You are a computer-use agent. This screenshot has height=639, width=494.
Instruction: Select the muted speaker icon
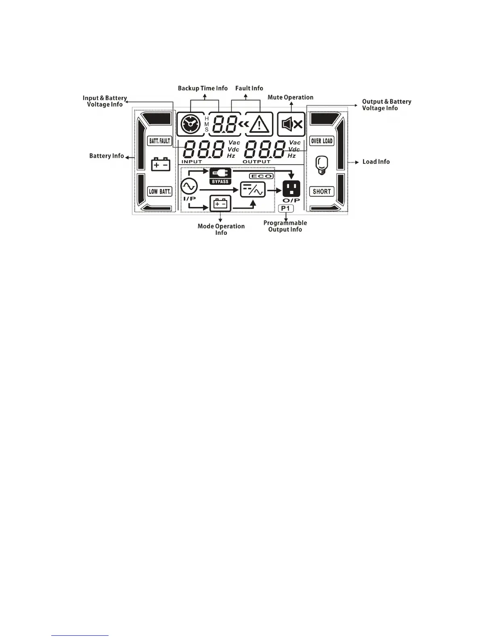291,124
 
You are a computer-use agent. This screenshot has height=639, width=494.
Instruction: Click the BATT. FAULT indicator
160,141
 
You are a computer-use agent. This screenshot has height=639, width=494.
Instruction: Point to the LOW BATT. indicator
160,191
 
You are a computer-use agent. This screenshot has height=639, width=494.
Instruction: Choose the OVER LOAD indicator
322,141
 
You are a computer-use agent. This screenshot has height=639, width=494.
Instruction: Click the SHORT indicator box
322,192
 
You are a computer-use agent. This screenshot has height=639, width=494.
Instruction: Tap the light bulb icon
321,165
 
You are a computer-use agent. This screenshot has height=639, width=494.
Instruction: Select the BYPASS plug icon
220,175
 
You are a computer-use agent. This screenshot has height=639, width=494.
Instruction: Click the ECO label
262,176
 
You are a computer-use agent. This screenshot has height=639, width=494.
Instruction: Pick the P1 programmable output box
286,208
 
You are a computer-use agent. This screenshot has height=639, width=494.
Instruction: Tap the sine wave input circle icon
189,186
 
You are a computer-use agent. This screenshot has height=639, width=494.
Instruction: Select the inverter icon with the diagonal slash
253,189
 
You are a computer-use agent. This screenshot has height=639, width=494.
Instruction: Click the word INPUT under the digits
191,162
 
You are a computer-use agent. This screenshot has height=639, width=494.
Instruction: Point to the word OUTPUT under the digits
257,162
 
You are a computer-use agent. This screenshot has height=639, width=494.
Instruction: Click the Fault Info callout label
249,88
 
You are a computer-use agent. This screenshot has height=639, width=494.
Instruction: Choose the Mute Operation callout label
290,97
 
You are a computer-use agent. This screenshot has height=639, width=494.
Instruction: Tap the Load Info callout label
376,162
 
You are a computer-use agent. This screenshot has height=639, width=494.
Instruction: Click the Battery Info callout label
107,156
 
